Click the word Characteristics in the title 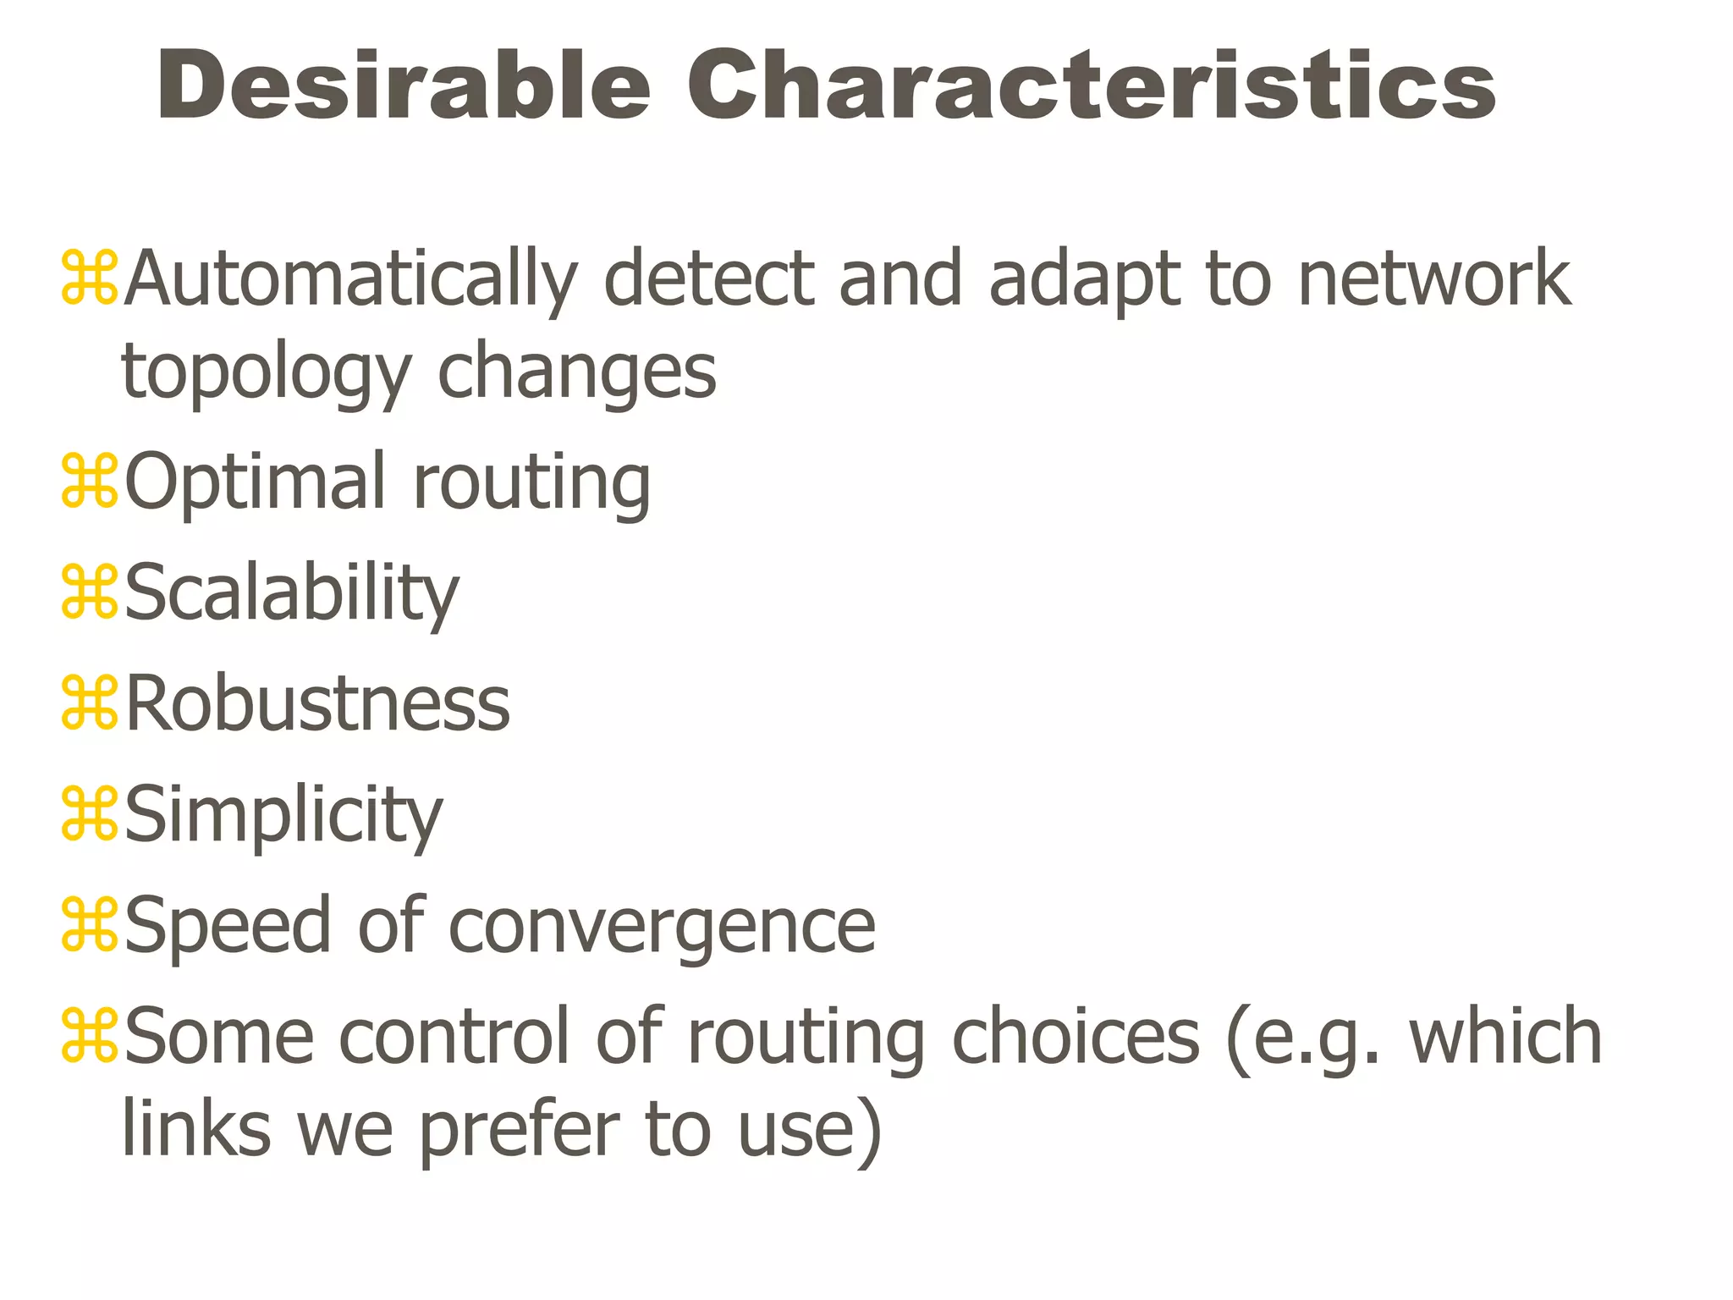tap(1090, 86)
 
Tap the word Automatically tap(351, 279)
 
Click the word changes tap(576, 372)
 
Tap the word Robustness tap(318, 704)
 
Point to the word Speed tap(228, 928)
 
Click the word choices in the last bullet tap(1076, 1037)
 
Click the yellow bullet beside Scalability tap(90, 592)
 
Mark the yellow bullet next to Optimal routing tap(90, 482)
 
